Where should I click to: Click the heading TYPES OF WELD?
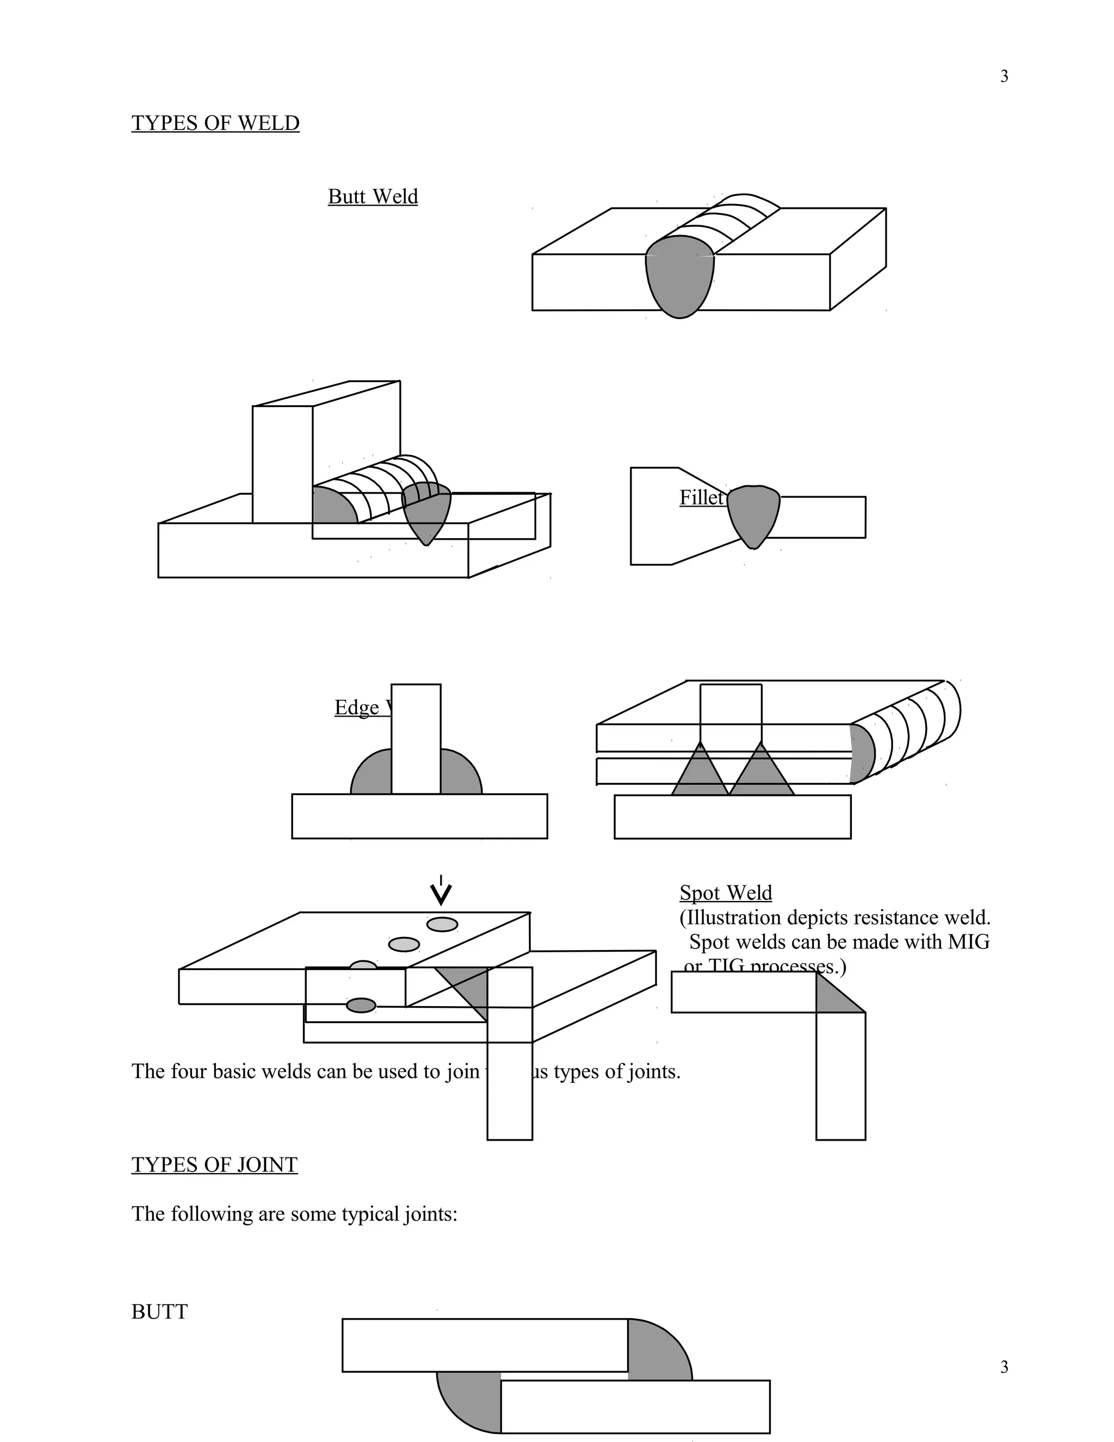[215, 124]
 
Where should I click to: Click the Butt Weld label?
[373, 197]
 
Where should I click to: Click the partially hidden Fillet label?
[702, 498]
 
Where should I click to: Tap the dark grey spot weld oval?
[361, 1006]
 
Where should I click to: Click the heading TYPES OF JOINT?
[214, 1164]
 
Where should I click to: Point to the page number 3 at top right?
[1004, 77]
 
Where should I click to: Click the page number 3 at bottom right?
[1004, 1367]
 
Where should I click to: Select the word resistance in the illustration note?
[900, 918]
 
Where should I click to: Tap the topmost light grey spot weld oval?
[442, 925]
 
